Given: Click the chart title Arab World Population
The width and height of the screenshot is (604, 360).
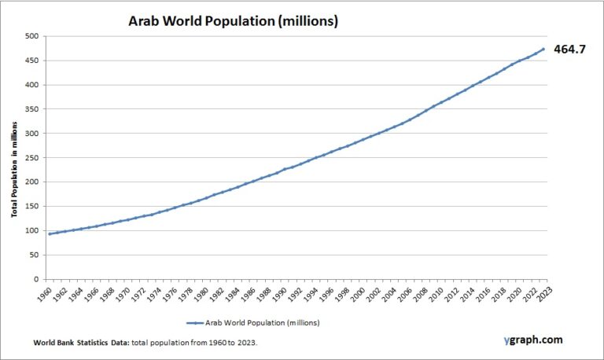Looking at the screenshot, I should [x=233, y=21].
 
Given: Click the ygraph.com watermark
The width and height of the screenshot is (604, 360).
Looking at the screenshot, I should [x=532, y=340].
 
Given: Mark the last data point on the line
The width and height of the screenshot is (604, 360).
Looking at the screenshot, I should [x=543, y=49].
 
